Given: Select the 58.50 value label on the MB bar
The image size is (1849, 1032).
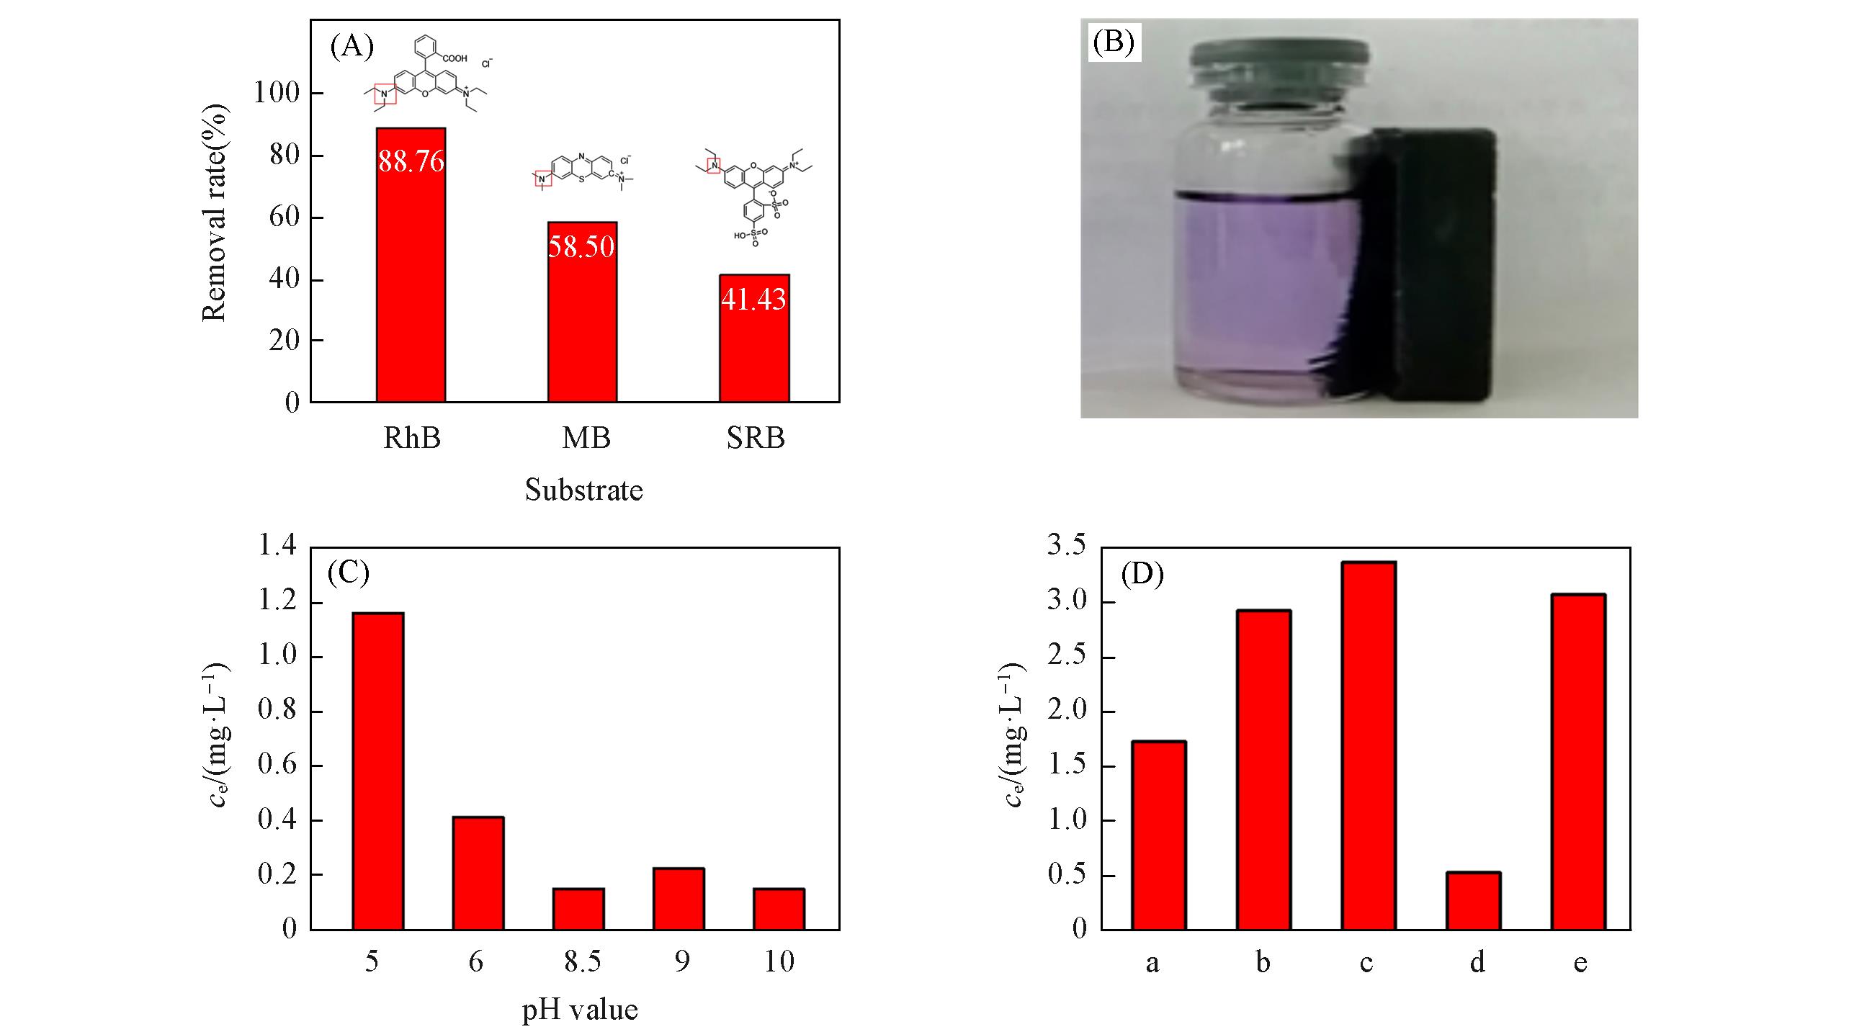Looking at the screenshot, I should (x=581, y=246).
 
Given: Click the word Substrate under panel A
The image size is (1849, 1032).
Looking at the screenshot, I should (x=583, y=490).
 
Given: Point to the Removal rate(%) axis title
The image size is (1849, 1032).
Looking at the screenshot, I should (x=214, y=213).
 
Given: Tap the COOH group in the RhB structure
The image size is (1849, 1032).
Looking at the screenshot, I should (x=455, y=58).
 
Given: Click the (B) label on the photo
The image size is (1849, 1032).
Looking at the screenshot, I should (x=1114, y=42).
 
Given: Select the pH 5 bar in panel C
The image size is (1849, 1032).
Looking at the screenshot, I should (x=377, y=771).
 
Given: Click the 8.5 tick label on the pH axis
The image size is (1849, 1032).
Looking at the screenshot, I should (x=582, y=961).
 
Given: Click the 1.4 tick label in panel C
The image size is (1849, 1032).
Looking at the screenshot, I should (x=277, y=547).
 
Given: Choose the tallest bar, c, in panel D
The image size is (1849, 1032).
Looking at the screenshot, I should (x=1368, y=745).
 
